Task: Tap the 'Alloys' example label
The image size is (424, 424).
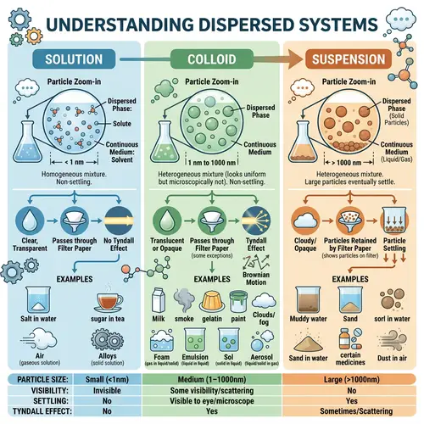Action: pyautogui.click(x=109, y=357)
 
